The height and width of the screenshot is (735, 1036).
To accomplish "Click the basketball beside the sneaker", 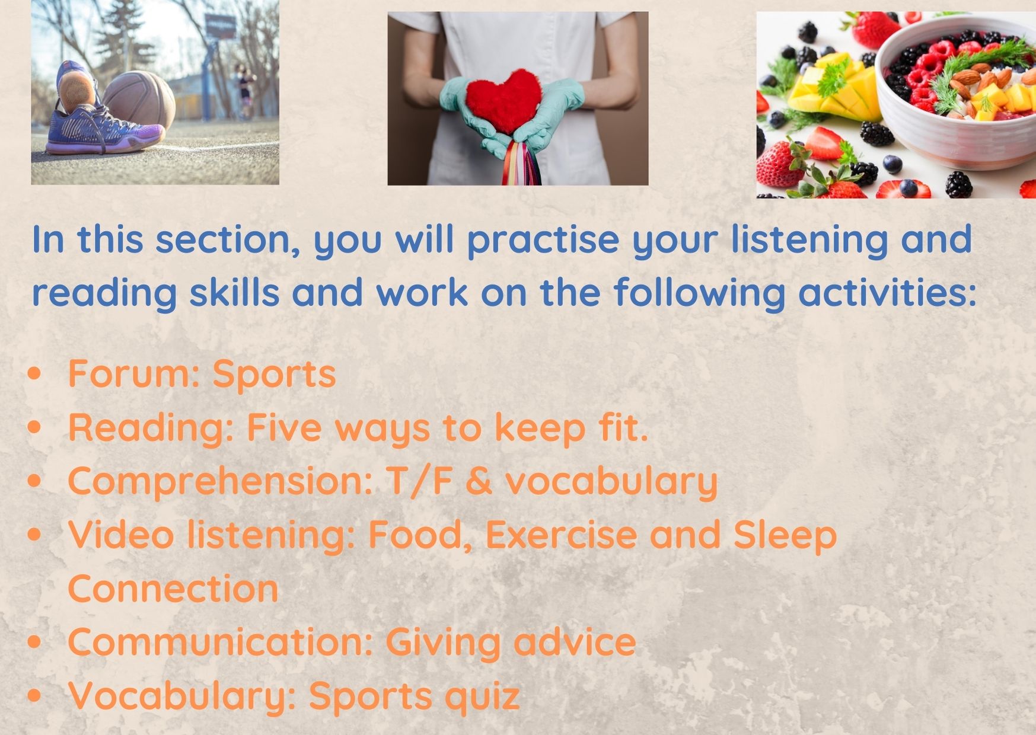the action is pyautogui.click(x=140, y=101).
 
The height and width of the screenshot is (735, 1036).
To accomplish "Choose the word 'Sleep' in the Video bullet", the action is pyautogui.click(x=785, y=535).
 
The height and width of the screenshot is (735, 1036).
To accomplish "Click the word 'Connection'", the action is pyautogui.click(x=173, y=589).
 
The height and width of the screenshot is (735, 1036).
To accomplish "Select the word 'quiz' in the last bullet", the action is pyautogui.click(x=483, y=696).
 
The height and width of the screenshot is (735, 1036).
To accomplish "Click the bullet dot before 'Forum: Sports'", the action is pyautogui.click(x=35, y=374).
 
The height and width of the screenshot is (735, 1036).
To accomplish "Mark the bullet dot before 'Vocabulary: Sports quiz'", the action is pyautogui.click(x=35, y=696).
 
